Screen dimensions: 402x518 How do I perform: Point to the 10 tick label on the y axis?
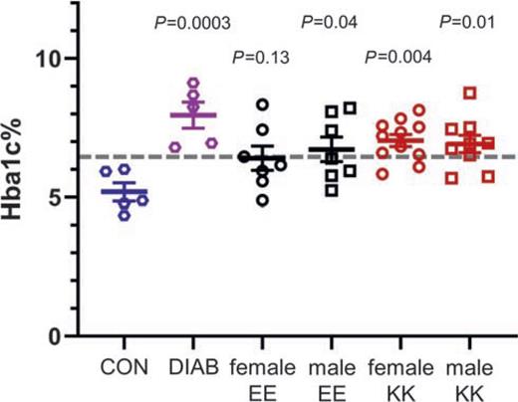click(62, 59)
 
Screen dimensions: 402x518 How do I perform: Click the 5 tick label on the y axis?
click(70, 197)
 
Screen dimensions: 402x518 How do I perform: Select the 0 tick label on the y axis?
click(70, 335)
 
